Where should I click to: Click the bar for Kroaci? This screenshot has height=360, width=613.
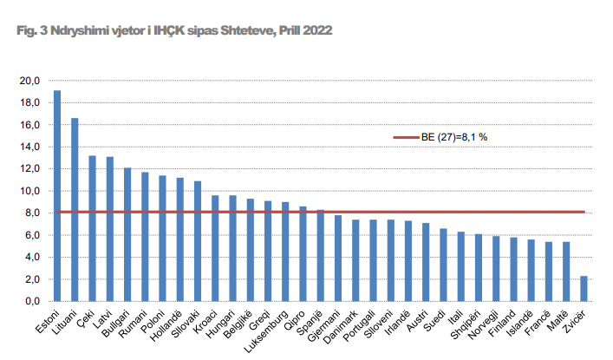[215, 248]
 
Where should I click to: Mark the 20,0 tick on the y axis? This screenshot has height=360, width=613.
[30, 81]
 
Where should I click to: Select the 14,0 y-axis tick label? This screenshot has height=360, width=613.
[30, 147]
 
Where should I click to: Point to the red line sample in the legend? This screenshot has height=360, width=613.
[406, 137]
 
